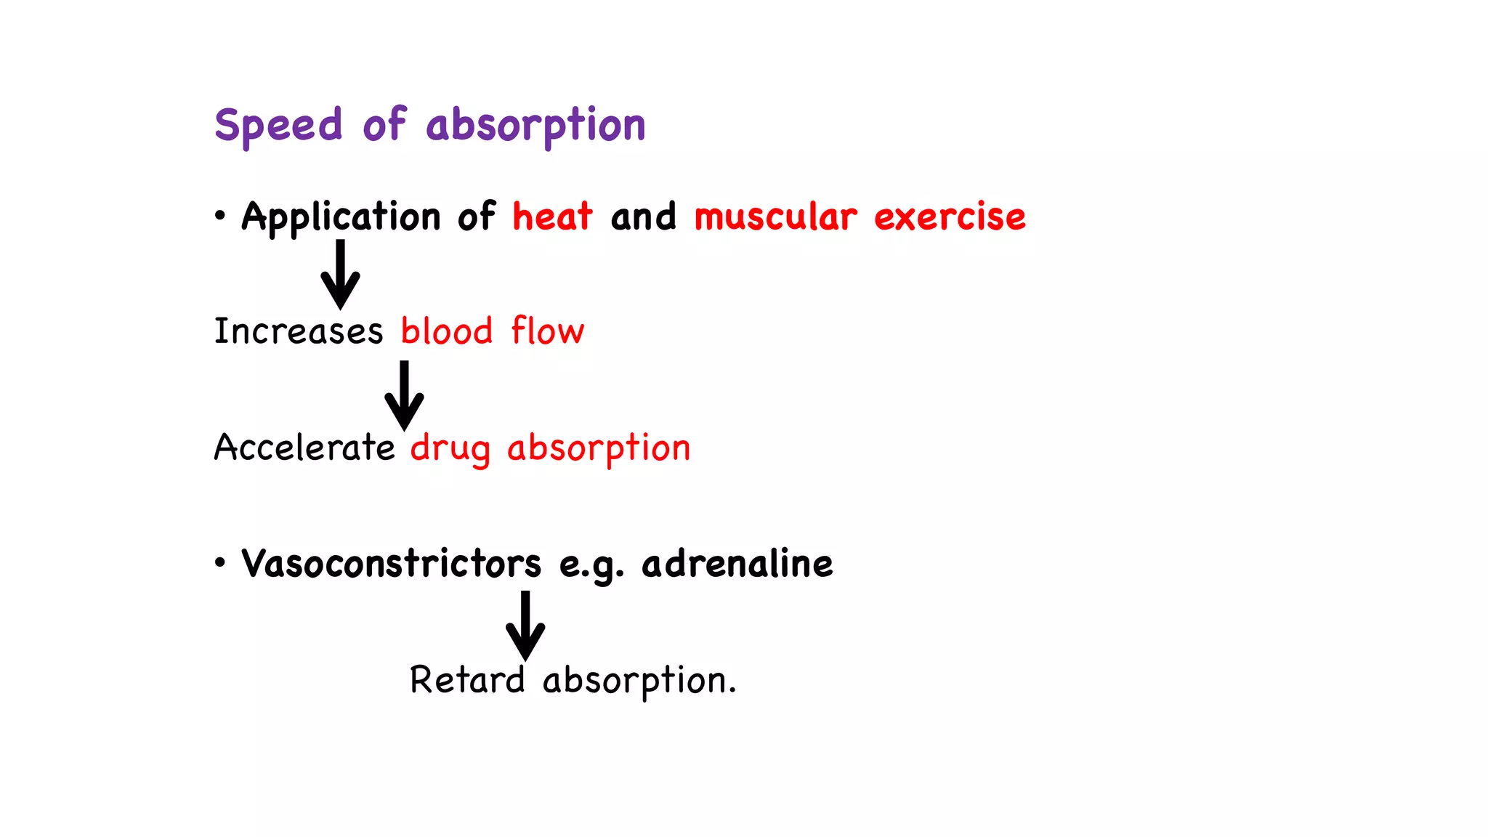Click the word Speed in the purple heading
[x=278, y=125]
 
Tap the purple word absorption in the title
[x=535, y=125]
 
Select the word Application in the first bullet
[x=341, y=217]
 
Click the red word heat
[x=552, y=217]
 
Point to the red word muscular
[x=775, y=217]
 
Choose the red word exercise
[x=950, y=217]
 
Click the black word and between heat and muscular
[x=643, y=217]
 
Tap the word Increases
[x=298, y=331]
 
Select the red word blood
[x=447, y=331]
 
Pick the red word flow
[x=547, y=331]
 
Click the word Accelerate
[x=304, y=447]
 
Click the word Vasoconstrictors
[x=391, y=564]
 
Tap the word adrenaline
[x=737, y=564]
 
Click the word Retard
[x=466, y=680]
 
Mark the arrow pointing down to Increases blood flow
[x=340, y=275]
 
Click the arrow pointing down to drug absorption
[x=404, y=395]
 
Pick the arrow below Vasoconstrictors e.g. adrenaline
[x=525, y=625]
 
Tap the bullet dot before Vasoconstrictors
[x=220, y=562]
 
